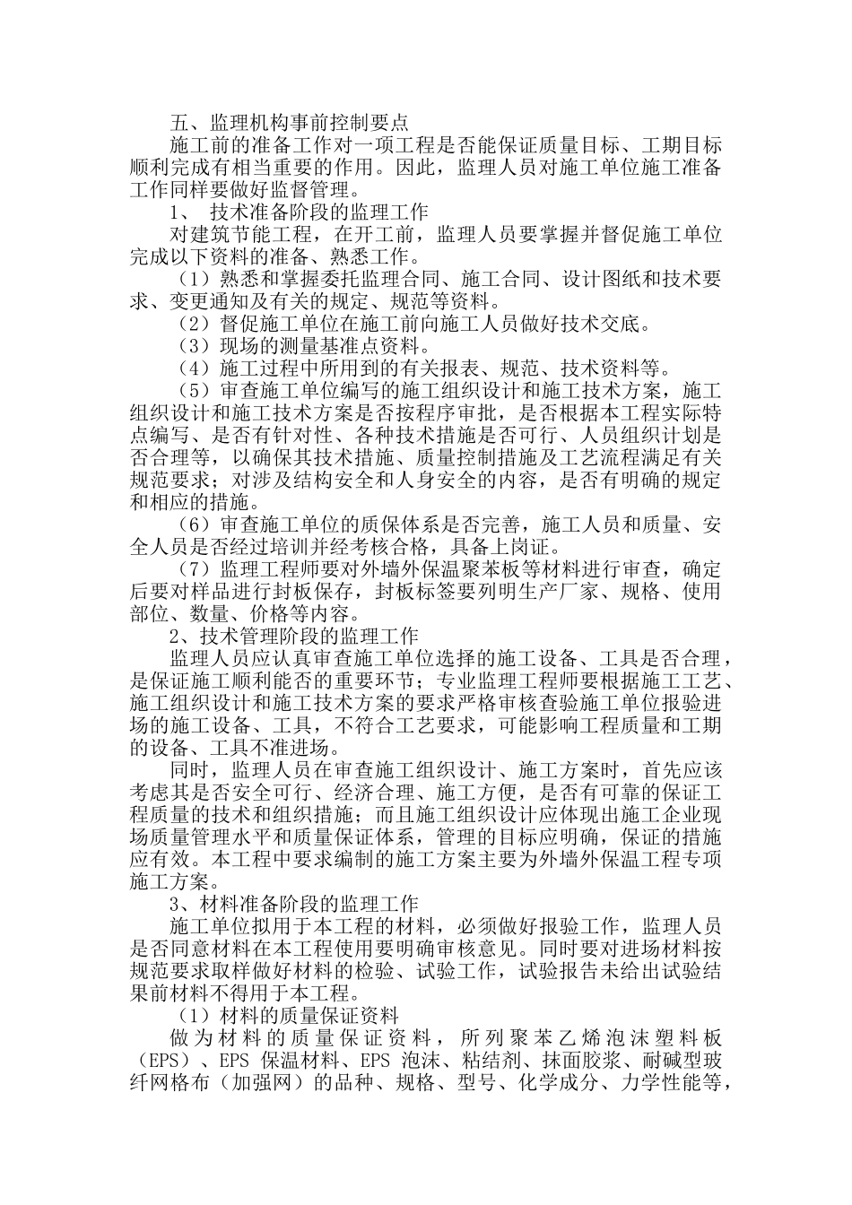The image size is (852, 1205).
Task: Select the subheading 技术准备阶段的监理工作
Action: [x=318, y=212]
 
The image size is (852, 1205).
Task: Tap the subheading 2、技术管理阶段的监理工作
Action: [x=293, y=637]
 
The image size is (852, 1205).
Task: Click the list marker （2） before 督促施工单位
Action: [x=193, y=324]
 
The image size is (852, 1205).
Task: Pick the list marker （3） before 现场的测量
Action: [x=193, y=346]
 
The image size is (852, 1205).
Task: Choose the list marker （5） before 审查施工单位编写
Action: [x=193, y=391]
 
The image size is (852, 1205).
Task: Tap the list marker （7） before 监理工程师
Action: [x=193, y=569]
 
